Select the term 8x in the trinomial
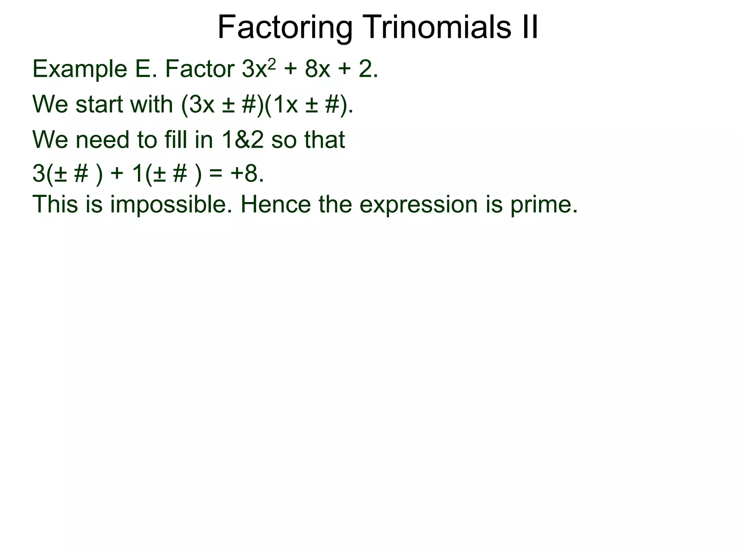pos(318,69)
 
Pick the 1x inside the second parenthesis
pos(285,104)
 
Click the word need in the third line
pos(102,140)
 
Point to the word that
pos(324,140)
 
